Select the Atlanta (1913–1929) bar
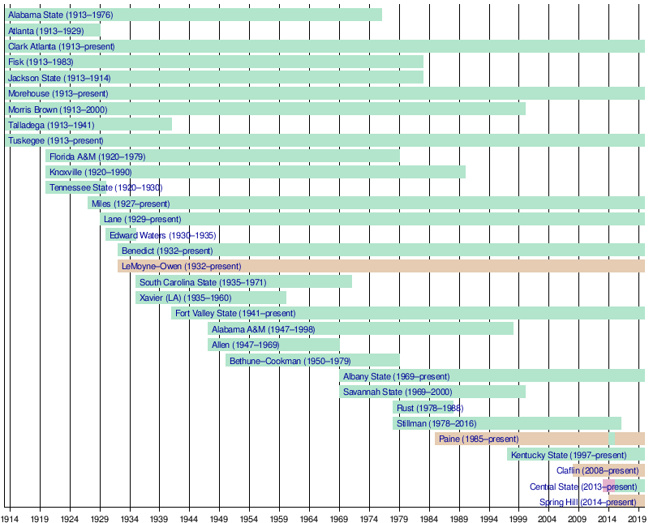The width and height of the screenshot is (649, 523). coord(52,30)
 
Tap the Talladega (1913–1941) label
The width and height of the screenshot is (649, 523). coord(51,125)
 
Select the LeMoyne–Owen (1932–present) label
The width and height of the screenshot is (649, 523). coord(181,266)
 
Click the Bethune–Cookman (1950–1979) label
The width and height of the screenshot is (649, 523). coord(290,361)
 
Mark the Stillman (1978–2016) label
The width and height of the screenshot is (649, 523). coord(436,423)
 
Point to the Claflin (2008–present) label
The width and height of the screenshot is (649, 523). coord(597,470)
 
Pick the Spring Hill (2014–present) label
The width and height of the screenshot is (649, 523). coord(587,502)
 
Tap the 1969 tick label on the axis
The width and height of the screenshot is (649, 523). coord(339,517)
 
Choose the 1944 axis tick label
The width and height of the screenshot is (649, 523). coord(189,517)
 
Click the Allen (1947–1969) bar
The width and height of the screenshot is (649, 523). coord(273,345)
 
